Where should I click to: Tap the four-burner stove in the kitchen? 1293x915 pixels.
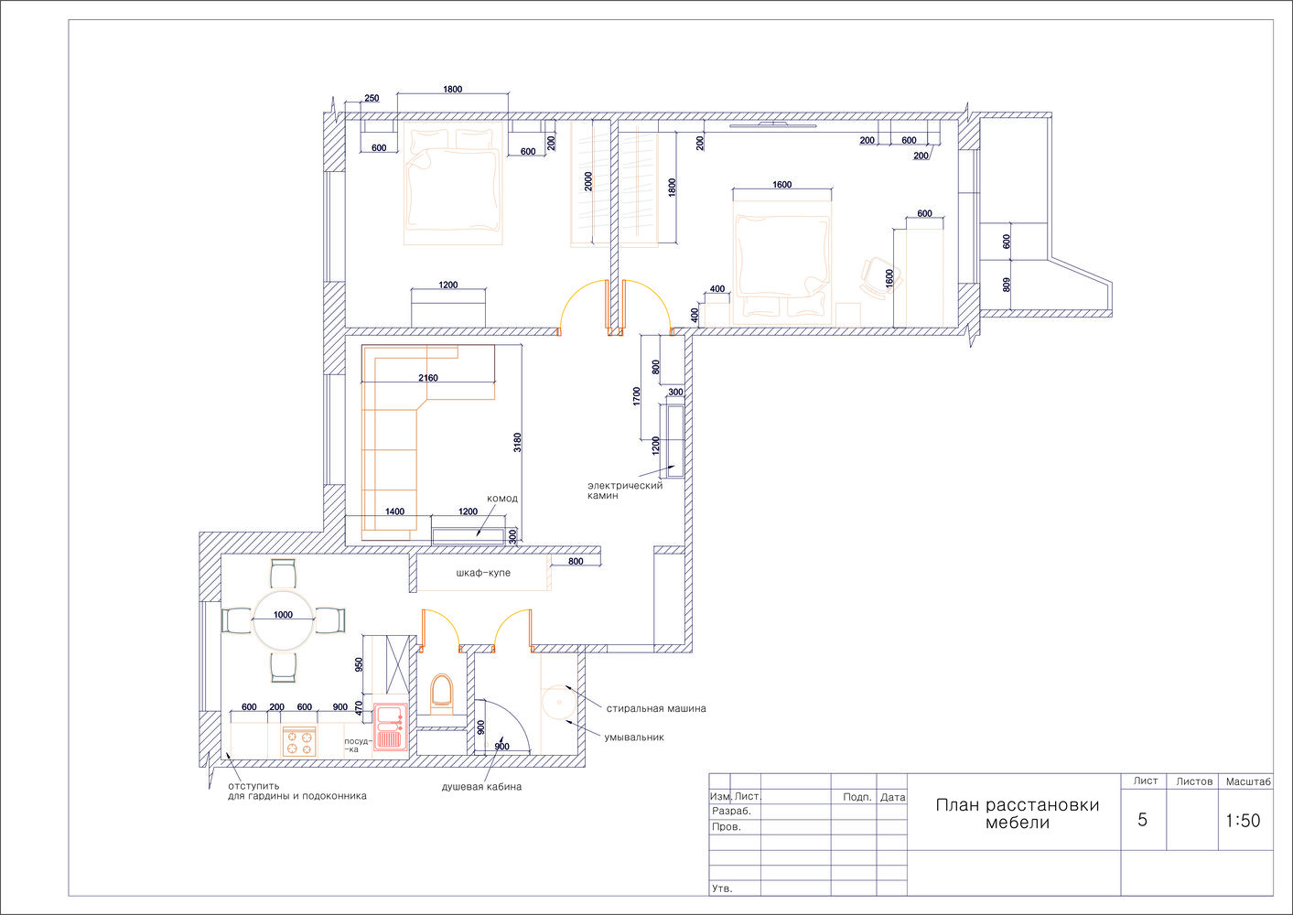[x=299, y=741]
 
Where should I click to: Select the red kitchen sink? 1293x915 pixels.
[x=390, y=727]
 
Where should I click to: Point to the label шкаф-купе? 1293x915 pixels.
[x=483, y=573]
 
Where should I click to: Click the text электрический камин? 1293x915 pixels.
[x=625, y=490]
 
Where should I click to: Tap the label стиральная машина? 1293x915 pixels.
[x=656, y=708]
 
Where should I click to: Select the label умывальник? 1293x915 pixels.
[x=634, y=737]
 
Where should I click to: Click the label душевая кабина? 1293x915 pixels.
[x=481, y=786]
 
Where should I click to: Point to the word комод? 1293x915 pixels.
[x=502, y=498]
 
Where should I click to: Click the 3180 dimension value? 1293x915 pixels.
[x=517, y=443]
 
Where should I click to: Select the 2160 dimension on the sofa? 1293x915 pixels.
[x=428, y=378]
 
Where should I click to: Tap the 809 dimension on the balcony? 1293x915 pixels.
[x=1006, y=285]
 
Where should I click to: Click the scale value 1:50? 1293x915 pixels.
[x=1243, y=821]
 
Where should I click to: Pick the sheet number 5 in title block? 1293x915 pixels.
[x=1142, y=820]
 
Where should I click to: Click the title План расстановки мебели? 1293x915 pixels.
[x=1017, y=813]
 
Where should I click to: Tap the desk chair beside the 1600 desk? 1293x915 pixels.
[x=876, y=278]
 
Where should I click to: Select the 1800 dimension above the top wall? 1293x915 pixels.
[x=453, y=89]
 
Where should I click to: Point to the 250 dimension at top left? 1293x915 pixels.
[x=372, y=98]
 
